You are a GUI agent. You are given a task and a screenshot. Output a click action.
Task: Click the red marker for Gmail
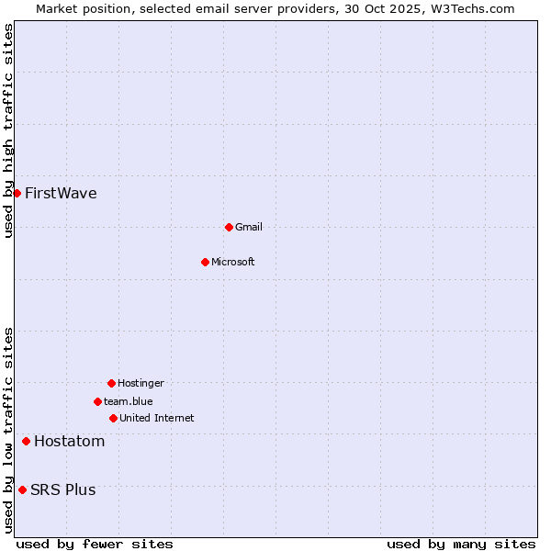[229, 227]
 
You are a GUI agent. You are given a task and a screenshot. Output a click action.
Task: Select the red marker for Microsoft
[205, 262]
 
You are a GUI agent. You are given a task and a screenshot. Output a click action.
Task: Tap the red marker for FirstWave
[17, 193]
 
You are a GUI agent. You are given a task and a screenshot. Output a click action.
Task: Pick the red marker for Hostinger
[111, 383]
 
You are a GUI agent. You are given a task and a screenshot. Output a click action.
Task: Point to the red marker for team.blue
[97, 401]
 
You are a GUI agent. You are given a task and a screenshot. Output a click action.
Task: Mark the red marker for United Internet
[113, 418]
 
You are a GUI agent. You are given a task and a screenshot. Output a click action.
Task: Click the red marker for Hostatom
[26, 442]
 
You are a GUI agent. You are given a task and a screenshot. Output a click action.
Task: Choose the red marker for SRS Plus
[22, 489]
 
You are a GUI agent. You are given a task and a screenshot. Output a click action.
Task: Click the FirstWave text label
[61, 194]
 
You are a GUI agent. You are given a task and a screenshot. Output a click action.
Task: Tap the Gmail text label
[249, 228]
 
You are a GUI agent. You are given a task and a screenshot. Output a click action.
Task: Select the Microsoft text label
[233, 263]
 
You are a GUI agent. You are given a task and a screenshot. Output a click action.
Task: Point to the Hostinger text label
[141, 384]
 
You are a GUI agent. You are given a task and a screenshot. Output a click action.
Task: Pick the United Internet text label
[157, 419]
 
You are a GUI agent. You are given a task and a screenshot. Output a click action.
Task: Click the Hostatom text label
[70, 442]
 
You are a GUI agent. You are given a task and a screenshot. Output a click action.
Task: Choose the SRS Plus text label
[63, 490]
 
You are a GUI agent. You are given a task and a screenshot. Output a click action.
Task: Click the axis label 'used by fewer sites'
[95, 545]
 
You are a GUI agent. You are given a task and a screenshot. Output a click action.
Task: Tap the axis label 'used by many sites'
[461, 545]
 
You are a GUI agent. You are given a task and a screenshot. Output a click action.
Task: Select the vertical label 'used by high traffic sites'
[8, 130]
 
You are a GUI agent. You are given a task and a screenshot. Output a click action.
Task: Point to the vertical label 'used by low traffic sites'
[8, 430]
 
